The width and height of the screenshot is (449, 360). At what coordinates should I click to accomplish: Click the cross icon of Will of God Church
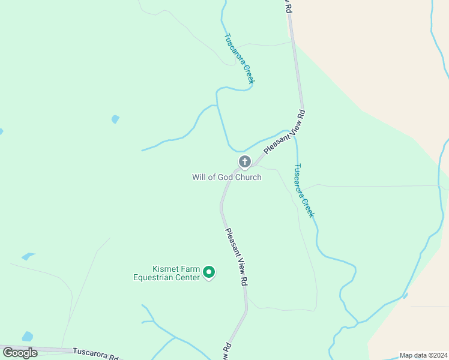(244, 161)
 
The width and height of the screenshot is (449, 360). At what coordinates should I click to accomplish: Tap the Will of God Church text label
(226, 177)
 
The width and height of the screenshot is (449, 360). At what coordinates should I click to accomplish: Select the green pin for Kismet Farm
(209, 272)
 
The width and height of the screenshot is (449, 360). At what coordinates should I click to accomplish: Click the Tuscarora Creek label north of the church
(240, 58)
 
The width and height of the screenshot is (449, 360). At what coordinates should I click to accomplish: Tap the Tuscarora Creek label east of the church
(304, 190)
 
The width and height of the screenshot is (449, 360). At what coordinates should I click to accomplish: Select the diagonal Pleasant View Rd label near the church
(285, 131)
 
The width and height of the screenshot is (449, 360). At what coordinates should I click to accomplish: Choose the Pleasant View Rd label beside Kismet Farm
(237, 256)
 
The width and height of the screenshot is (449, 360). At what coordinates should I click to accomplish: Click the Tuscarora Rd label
(96, 354)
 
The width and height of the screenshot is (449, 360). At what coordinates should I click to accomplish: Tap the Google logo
(20, 353)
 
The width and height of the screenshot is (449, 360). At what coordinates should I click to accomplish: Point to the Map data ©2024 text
(423, 355)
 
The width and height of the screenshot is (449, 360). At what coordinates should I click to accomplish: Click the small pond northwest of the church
(115, 119)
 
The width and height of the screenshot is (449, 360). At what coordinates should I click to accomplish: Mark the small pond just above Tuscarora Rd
(28, 336)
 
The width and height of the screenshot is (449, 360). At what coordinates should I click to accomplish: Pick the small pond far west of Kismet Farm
(28, 257)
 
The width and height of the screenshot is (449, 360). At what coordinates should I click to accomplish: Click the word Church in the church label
(248, 177)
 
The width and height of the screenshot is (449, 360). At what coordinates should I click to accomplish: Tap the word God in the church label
(225, 177)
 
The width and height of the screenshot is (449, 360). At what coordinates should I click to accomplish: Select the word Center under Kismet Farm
(186, 278)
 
